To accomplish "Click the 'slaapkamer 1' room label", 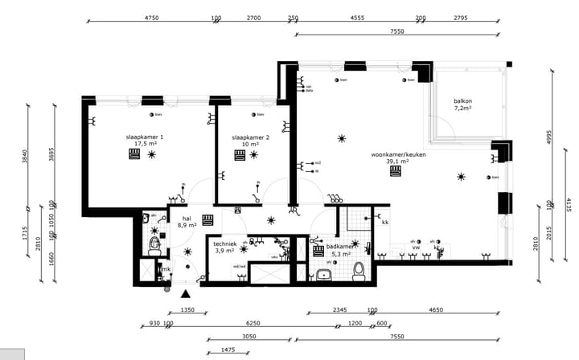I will point(145,137).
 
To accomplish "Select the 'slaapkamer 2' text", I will point(250,137).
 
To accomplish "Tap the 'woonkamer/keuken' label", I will point(398,154).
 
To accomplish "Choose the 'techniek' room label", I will point(225,243).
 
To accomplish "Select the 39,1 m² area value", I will point(398,162).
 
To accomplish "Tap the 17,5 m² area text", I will point(145,145).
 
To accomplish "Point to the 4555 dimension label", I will point(358,17).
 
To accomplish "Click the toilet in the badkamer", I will point(359,271).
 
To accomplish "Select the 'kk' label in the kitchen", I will point(385,222).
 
